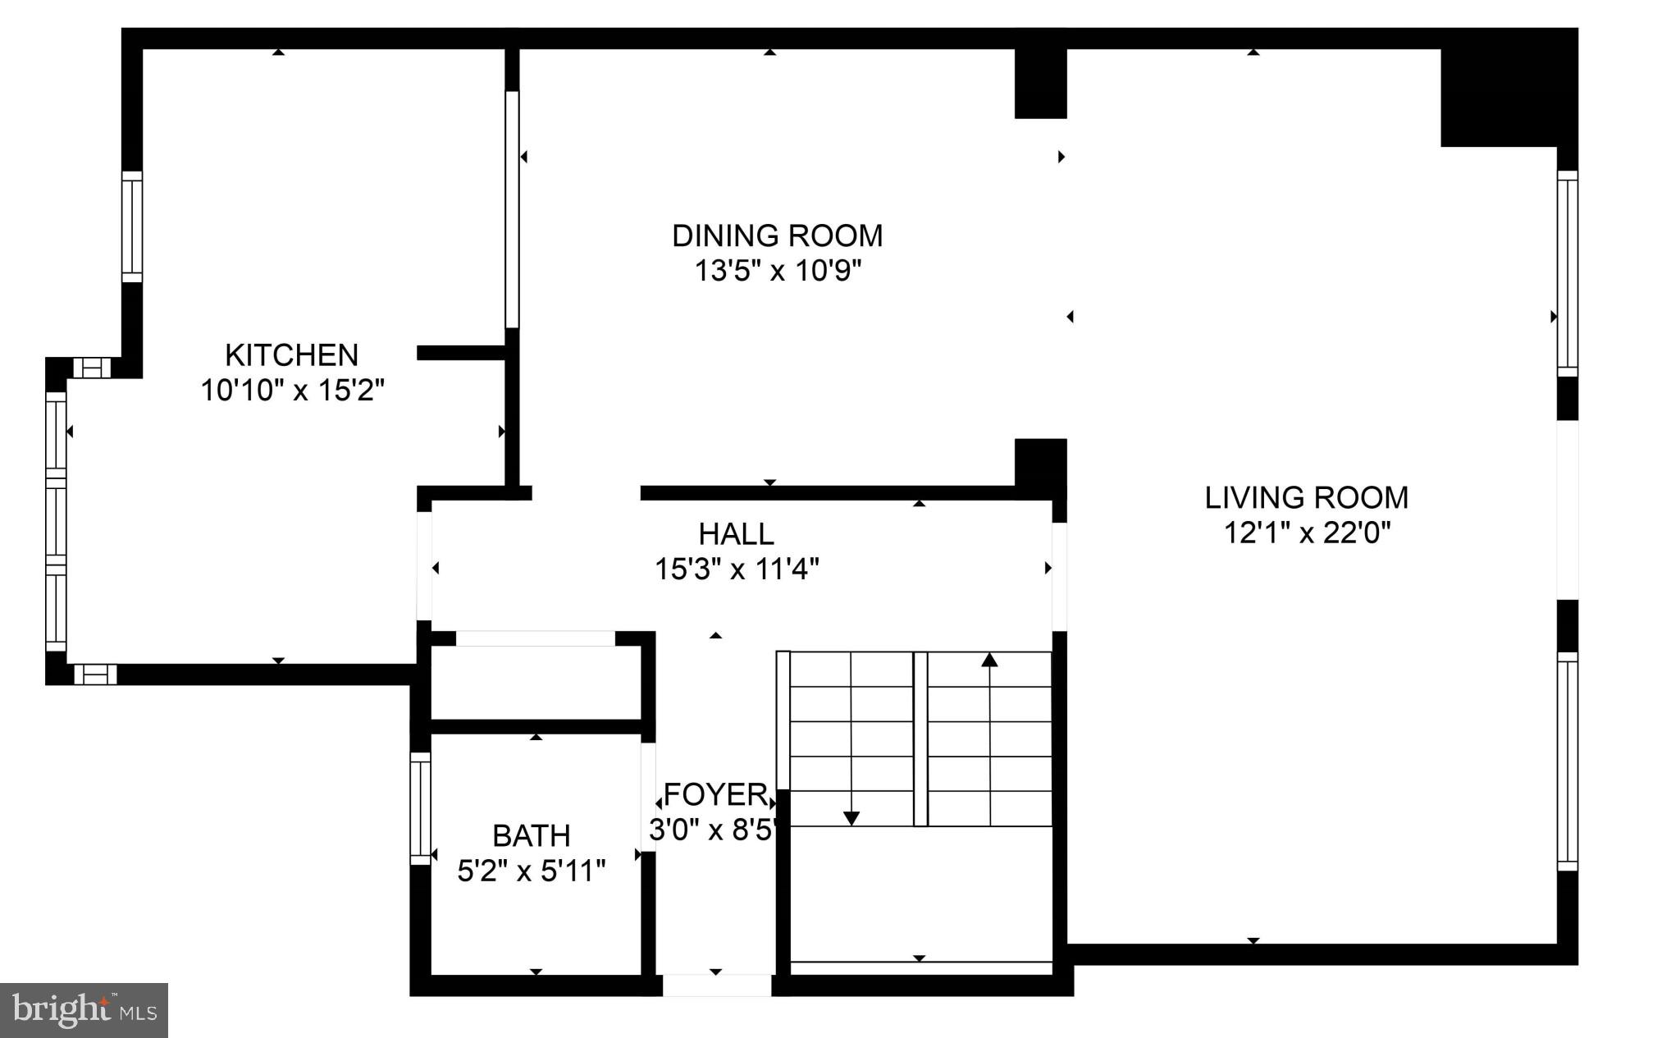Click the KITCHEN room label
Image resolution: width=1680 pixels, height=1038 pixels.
pos(291,355)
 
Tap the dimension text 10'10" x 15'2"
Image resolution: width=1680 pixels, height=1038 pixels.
pos(292,391)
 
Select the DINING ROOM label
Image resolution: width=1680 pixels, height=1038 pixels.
pos(777,236)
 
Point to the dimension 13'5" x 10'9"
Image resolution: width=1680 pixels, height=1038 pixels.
pos(777,271)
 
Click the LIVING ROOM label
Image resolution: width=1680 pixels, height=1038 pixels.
pos(1306,498)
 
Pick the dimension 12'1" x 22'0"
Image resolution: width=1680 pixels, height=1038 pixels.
pos(1307,533)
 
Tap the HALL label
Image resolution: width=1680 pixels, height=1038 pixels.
pos(736,534)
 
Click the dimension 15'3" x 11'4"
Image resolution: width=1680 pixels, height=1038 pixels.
pos(736,569)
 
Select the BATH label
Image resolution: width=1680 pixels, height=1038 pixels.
pos(531,836)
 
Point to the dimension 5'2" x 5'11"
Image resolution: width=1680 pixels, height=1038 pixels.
pos(531,871)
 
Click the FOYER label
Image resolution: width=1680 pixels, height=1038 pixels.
pos(715,795)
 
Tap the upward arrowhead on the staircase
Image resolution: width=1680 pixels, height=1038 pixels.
pos(990,659)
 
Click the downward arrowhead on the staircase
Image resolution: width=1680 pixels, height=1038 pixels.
pos(851,818)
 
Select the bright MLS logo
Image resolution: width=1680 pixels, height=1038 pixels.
pos(84,1010)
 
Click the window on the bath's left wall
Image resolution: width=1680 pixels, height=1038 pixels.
pos(420,808)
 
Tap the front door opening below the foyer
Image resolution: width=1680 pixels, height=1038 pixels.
pos(716,985)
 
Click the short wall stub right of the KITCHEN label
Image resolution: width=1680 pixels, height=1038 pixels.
pos(460,353)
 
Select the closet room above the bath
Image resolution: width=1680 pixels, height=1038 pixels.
pos(535,683)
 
